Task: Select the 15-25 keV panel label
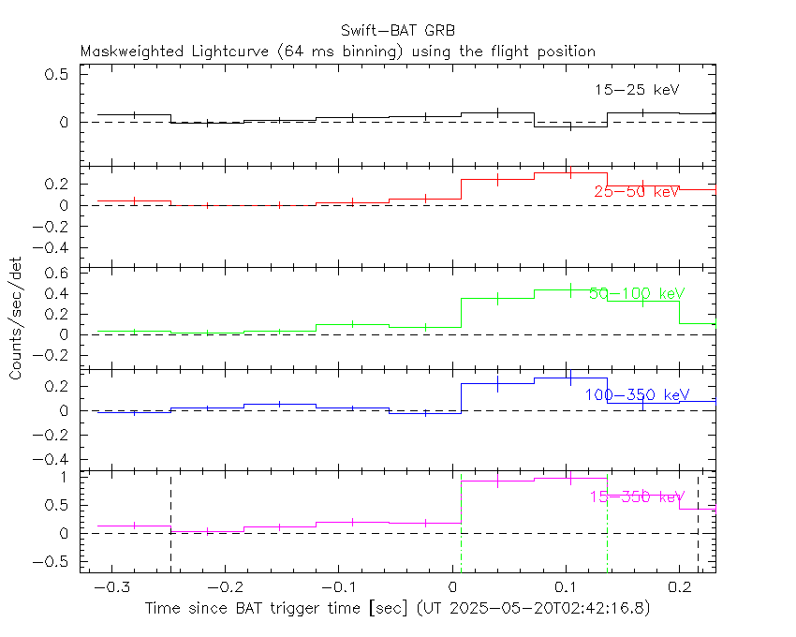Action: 636,90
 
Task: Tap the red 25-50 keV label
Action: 636,191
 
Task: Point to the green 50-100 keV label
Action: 636,293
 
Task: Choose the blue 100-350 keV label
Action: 636,395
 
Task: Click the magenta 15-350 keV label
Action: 636,496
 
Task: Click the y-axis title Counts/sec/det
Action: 16,318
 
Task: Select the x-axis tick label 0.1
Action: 565,586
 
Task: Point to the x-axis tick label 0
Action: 452,586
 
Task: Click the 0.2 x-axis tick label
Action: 679,586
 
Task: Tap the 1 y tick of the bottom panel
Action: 67,477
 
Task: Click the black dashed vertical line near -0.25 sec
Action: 170,525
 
